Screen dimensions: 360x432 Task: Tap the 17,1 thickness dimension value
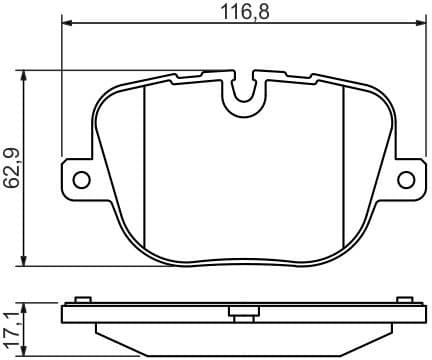10,324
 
